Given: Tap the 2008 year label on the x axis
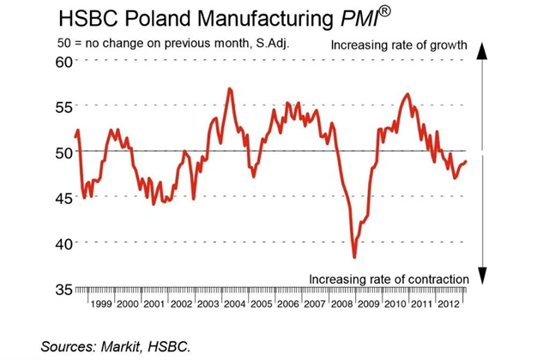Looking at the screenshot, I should pos(344,304).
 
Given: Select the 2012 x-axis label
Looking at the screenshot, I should pos(452,304).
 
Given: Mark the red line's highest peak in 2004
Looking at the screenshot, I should pos(229,88).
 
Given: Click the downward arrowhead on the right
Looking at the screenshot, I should pos(483,275).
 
